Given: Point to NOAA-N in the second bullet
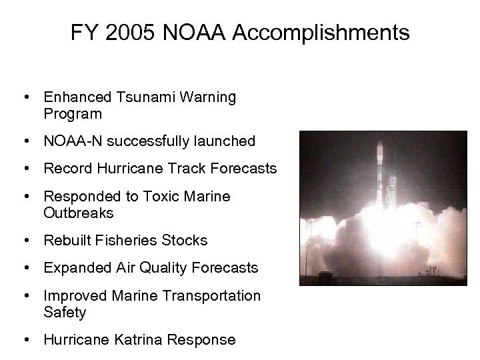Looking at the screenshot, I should pos(69,141).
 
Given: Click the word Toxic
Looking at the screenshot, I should pos(151,197).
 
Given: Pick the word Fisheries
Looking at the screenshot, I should pos(125,241).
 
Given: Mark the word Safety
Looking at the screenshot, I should pos(65,312).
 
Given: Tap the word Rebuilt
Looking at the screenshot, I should pos(66,241).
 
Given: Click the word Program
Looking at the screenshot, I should pos(73,113).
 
